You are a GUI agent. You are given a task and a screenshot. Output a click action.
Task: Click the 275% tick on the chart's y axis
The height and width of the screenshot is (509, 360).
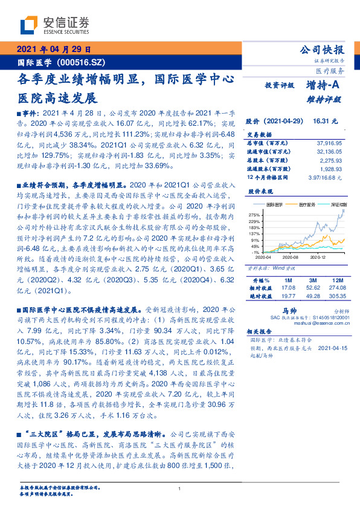click(x=254, y=215)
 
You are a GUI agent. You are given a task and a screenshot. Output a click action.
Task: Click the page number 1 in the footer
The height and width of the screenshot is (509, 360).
click(x=179, y=488)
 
